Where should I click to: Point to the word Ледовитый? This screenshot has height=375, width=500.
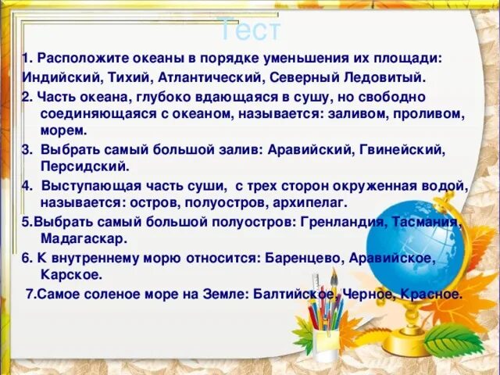[x=384, y=77]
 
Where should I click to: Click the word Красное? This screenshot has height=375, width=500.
[x=430, y=294]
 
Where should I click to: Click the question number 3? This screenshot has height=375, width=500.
[x=27, y=149]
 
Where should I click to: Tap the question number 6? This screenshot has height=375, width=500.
[x=27, y=257]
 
